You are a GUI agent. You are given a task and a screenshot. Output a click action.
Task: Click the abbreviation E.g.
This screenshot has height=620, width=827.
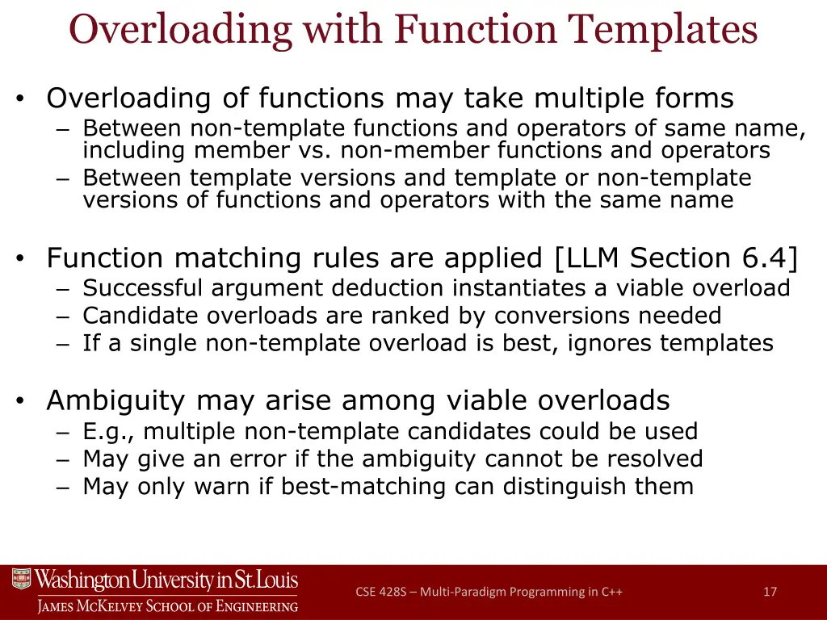pos(108,432)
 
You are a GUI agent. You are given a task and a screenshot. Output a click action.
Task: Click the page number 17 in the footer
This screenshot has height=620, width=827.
pos(770,592)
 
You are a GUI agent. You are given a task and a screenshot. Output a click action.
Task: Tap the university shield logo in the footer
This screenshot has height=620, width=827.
pos(21,580)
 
